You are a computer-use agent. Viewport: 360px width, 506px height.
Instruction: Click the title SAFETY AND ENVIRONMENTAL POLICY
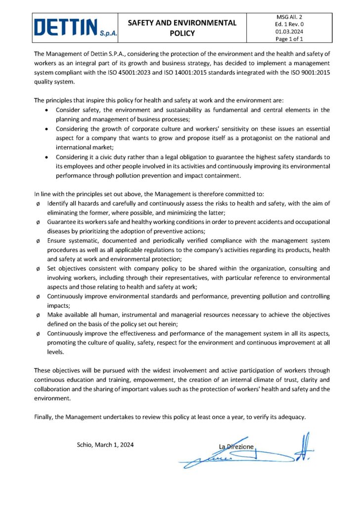(x=182, y=28)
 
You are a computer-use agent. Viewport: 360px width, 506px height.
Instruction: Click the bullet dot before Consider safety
(x=46, y=110)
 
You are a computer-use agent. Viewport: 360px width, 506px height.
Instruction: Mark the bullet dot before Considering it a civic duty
(x=46, y=158)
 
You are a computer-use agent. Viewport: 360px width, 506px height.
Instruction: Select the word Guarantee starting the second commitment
(x=61, y=223)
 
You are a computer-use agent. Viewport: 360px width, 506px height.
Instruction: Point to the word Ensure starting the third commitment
(x=56, y=241)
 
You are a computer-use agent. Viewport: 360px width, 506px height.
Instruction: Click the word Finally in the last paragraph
(x=44, y=417)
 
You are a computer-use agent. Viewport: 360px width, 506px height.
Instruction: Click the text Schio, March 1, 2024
(x=105, y=444)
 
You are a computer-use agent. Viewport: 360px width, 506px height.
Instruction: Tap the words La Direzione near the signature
(x=236, y=447)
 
